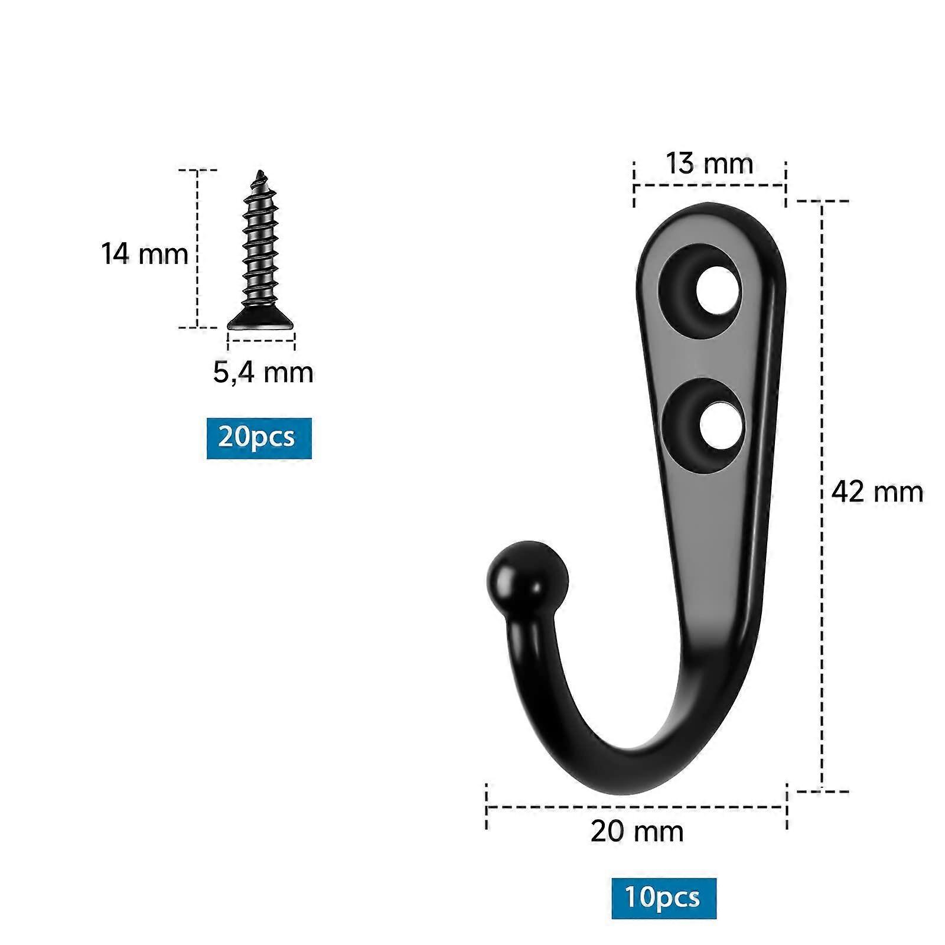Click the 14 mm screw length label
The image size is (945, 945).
pos(144,254)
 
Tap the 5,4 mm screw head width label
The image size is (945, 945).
pos(263,373)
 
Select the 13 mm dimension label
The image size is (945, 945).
pos(709,163)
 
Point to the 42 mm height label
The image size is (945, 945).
pos(876,491)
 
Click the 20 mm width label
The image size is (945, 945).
pos(637,832)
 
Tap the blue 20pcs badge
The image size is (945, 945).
pos(259,438)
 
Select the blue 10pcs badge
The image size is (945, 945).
pos(664,898)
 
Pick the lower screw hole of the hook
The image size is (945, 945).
pos(719,425)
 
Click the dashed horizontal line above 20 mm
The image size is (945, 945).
pos(637,806)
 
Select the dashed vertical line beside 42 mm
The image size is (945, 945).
pos(822,496)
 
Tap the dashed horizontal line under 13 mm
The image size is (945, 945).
pos(709,185)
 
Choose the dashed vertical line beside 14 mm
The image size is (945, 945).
pos(197,248)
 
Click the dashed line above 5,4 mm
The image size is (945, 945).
pos(261,340)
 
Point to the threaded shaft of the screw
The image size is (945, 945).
pos(260,248)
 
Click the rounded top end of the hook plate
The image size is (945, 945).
pos(715,216)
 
